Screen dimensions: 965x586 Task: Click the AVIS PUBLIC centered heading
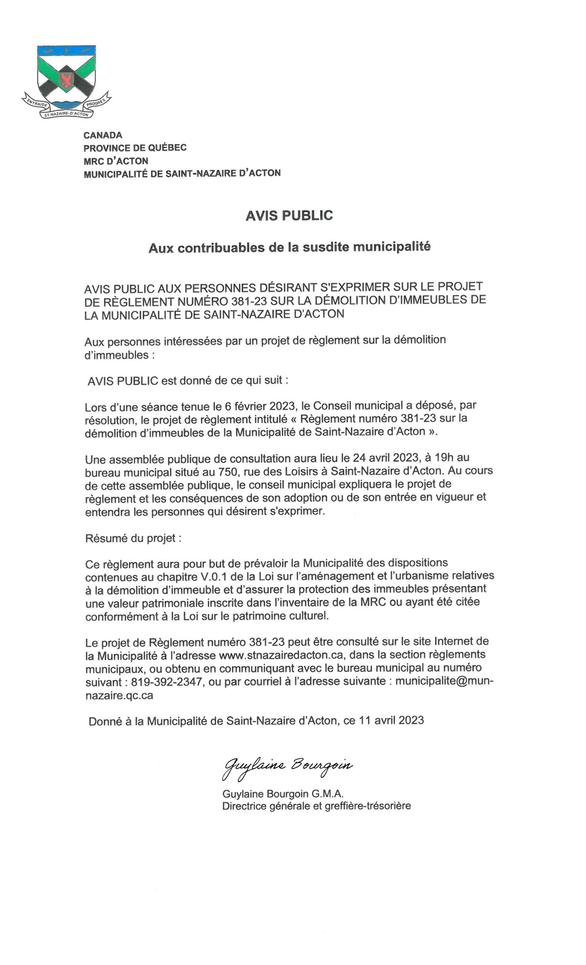pyautogui.click(x=289, y=215)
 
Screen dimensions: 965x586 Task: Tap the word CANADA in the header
pyautogui.click(x=103, y=135)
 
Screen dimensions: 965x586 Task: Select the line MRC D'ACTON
pyautogui.click(x=116, y=161)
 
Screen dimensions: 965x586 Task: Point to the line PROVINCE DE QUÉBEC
pyautogui.click(x=135, y=147)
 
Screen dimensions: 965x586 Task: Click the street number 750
pyautogui.click(x=228, y=471)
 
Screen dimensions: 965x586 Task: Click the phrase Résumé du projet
pyautogui.click(x=133, y=538)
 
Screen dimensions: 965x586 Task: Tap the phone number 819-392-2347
pyautogui.click(x=167, y=682)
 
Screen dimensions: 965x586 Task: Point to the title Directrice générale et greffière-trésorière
pyautogui.click(x=316, y=806)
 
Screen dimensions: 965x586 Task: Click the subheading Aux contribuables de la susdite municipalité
pyautogui.click(x=290, y=248)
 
